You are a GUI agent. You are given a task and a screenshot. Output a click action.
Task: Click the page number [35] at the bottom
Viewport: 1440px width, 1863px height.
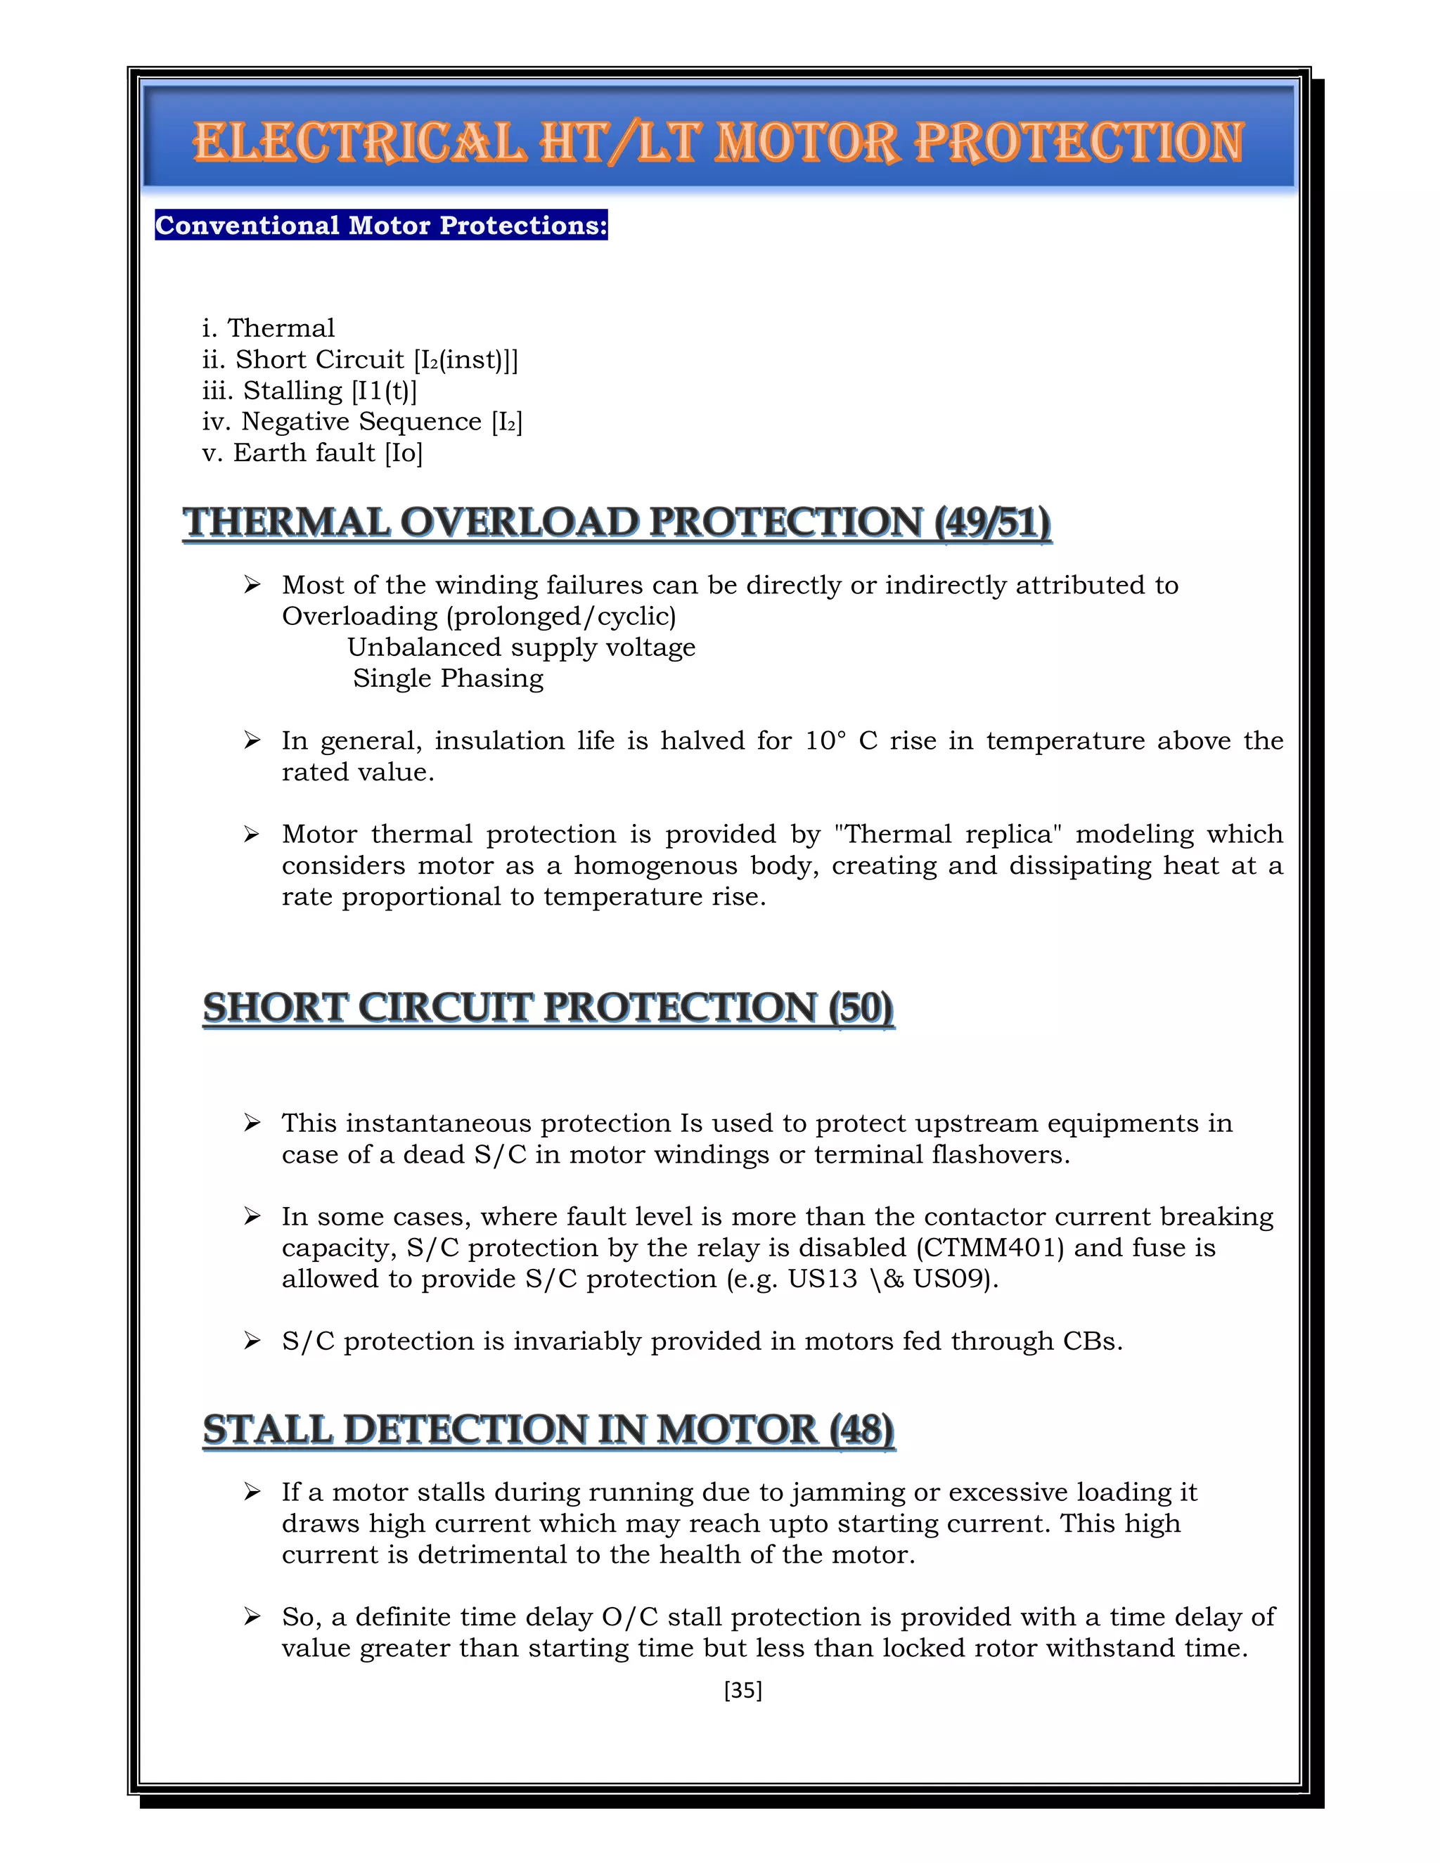[x=742, y=1690]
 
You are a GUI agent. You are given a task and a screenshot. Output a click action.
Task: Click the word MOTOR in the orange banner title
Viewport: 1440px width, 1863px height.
[x=806, y=143]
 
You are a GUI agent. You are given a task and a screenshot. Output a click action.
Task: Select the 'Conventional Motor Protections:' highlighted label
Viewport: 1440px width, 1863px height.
[x=380, y=225]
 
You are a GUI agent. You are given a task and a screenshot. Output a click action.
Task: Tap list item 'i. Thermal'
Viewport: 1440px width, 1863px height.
[x=269, y=328]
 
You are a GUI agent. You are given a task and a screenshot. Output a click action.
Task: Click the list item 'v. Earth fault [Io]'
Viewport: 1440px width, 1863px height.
[x=312, y=453]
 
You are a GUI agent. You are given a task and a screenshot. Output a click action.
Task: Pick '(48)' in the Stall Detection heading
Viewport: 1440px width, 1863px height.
[x=861, y=1430]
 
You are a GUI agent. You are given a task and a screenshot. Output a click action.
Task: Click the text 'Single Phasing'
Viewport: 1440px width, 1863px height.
[x=448, y=679]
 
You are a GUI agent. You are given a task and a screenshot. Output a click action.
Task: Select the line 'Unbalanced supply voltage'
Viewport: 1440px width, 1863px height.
[x=521, y=647]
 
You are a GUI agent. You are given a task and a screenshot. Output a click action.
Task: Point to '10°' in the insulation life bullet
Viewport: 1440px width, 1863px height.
[x=825, y=741]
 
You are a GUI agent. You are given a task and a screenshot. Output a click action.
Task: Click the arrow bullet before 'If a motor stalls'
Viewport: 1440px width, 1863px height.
[x=252, y=1492]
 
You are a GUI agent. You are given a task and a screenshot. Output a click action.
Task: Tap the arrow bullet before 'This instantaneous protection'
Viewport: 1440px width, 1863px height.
[x=252, y=1123]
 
